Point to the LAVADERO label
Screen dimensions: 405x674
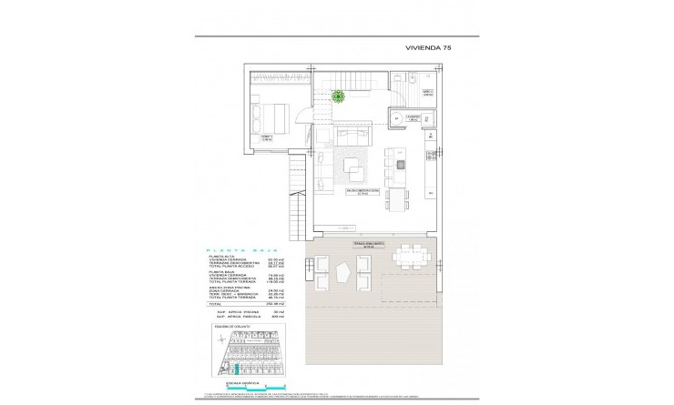[414, 118]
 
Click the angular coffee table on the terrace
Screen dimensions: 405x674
[342, 271]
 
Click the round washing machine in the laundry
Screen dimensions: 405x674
[395, 118]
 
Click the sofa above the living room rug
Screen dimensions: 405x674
[351, 138]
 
